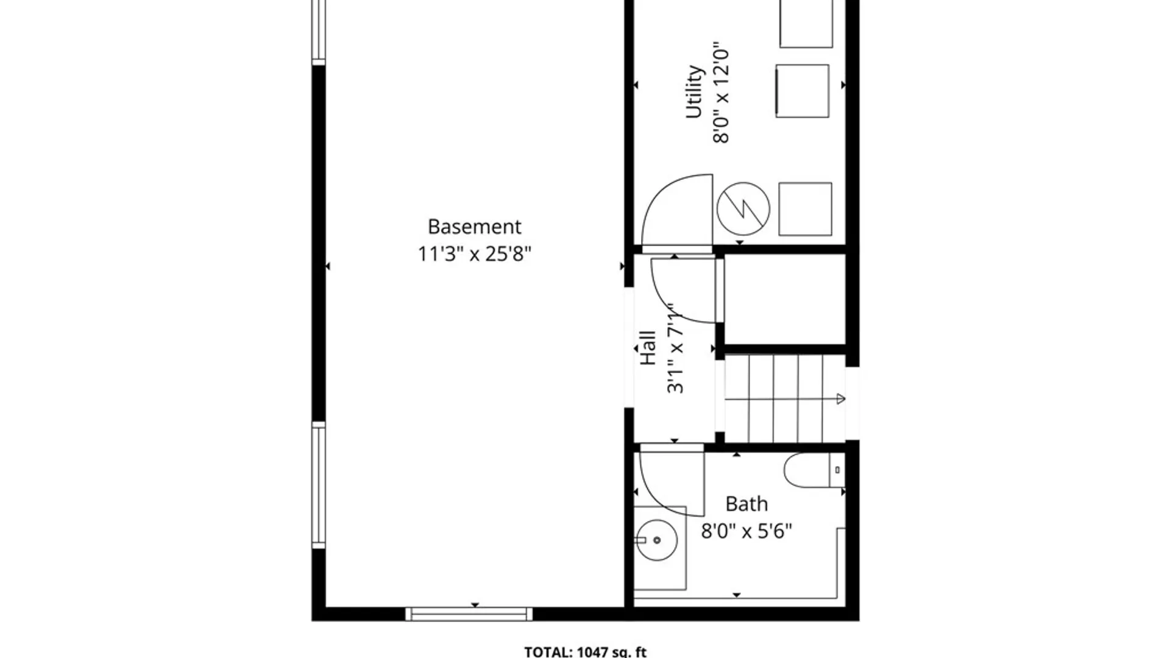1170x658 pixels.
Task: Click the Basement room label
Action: [474, 227]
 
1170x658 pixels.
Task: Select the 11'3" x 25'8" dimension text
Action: [474, 253]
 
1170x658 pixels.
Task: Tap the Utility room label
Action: [695, 91]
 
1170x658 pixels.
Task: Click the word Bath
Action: [746, 504]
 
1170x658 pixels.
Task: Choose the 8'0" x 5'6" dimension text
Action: [746, 531]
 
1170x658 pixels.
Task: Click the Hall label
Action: [648, 348]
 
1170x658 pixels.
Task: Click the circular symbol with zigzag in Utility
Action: [743, 209]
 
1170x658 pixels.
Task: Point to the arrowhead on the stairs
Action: [840, 400]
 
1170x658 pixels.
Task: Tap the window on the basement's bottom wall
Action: [469, 614]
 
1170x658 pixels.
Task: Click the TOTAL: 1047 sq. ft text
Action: [585, 651]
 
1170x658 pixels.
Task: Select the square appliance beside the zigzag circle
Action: [805, 209]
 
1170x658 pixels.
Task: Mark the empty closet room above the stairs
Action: [784, 299]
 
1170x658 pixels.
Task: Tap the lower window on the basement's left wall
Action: [319, 485]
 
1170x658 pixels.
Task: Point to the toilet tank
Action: [837, 470]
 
